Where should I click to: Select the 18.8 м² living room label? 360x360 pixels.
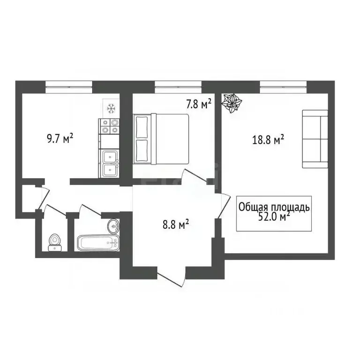(268, 140)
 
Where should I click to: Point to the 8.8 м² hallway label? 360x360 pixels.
(176, 225)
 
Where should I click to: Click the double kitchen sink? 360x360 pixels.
(109, 163)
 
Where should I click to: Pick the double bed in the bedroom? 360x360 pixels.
(161, 138)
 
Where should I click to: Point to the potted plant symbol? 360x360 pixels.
(232, 103)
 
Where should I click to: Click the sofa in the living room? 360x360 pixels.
(315, 139)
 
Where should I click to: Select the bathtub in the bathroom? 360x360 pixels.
(97, 243)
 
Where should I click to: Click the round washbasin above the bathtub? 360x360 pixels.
(113, 226)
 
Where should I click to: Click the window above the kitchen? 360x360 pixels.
(69, 85)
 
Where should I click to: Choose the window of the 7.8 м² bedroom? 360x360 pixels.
(178, 85)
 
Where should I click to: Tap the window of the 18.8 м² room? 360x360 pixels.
(284, 85)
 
